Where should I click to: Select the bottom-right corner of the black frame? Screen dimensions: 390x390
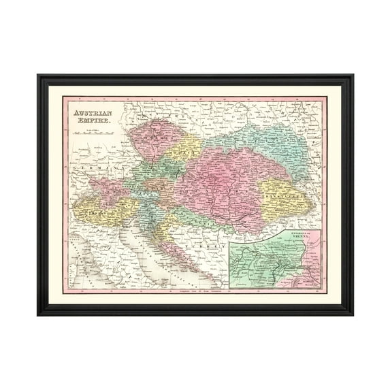click(353, 314)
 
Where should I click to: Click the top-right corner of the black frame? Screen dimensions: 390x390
click(353, 75)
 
